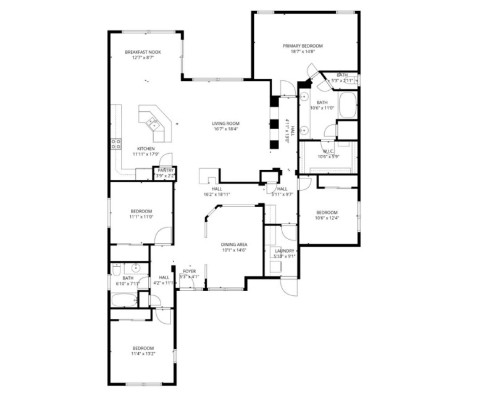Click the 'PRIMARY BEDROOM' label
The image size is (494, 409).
click(303, 46)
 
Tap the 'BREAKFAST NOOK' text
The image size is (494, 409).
click(143, 53)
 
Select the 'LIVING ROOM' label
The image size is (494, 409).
click(226, 124)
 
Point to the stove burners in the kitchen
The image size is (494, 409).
click(115, 144)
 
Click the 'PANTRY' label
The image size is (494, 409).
click(165, 170)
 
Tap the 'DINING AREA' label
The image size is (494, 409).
click(234, 245)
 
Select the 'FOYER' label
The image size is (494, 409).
click(188, 271)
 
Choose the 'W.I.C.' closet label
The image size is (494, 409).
click(328, 151)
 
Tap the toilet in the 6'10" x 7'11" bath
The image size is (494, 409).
click(116, 268)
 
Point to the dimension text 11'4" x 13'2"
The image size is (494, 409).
click(142, 354)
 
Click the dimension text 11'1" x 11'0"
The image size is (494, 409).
click(141, 217)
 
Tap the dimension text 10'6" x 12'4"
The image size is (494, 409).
click(327, 217)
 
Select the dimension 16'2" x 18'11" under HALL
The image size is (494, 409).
click(217, 195)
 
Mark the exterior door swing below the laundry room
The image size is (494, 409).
click(288, 284)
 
